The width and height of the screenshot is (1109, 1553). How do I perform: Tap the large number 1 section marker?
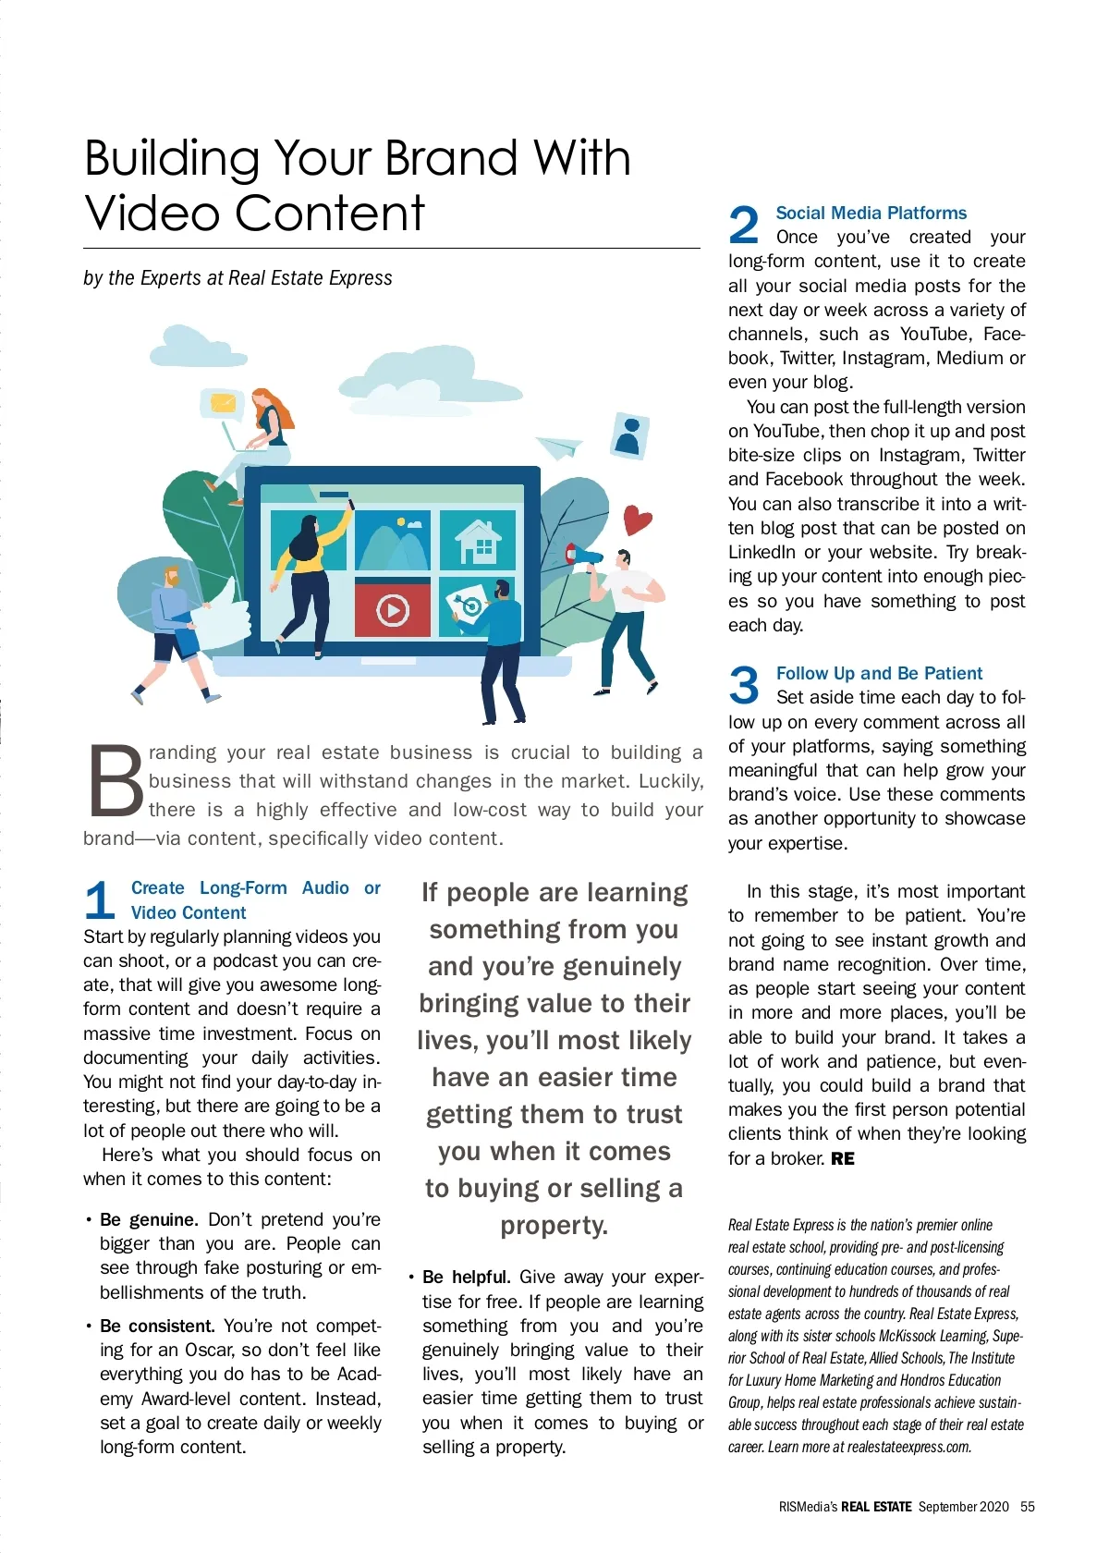[x=100, y=900]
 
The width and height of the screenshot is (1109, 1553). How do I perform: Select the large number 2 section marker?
[x=744, y=225]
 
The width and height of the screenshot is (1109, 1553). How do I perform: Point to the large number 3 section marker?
[x=744, y=685]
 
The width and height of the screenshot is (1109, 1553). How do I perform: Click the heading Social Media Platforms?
[x=871, y=213]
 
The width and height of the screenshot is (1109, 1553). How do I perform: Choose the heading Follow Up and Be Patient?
[x=879, y=673]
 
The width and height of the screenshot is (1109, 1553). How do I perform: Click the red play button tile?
[x=393, y=609]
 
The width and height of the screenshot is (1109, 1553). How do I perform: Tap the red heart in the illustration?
[x=637, y=520]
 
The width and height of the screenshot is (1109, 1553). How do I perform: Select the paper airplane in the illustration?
[x=558, y=446]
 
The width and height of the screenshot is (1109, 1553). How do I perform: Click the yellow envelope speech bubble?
[x=223, y=403]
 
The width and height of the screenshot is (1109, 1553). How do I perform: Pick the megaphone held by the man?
[x=584, y=556]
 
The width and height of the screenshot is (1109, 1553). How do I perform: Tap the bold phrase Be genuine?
[x=148, y=1219]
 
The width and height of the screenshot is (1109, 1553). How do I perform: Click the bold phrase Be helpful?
[x=466, y=1277]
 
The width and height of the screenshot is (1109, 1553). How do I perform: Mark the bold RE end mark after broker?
[x=843, y=1158]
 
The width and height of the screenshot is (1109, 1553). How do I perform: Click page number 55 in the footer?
[x=1027, y=1506]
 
